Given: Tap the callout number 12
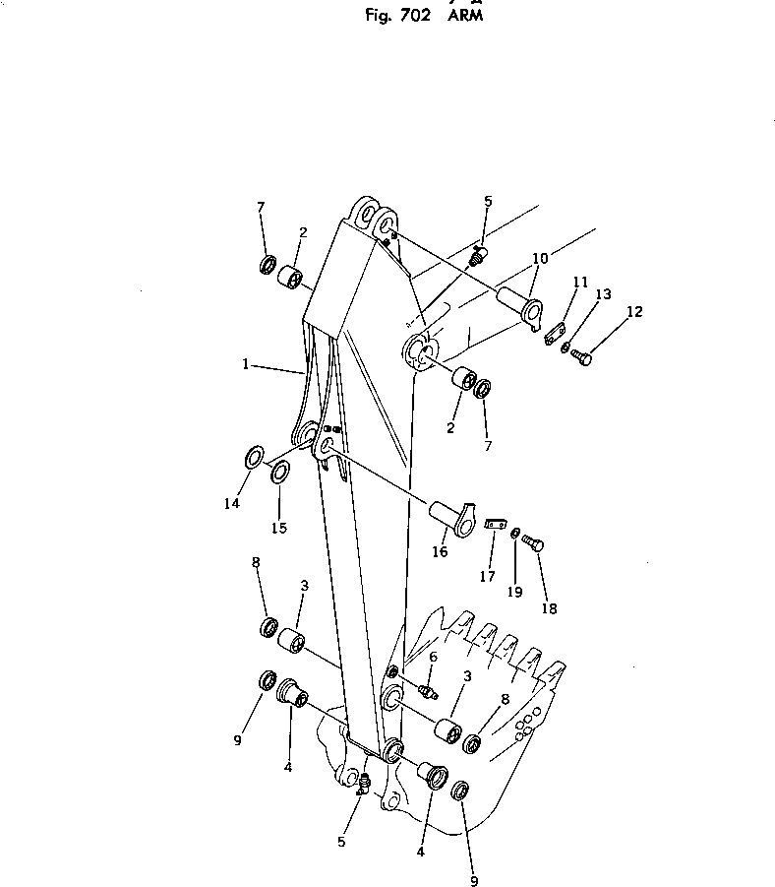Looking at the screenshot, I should tap(634, 312).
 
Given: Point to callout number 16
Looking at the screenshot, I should tap(440, 552).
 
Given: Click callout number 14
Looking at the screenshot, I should tap(231, 503).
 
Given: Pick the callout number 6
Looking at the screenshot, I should tap(433, 657).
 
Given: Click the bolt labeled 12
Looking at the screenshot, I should tap(580, 359).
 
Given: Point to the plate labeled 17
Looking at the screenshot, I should tap(495, 526).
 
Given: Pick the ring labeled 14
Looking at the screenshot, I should tap(253, 458).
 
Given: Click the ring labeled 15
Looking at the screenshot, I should tap(279, 473).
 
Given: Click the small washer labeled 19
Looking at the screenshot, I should tap(513, 533).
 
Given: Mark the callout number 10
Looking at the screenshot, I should tap(540, 259).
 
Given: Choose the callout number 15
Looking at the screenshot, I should tap(279, 528).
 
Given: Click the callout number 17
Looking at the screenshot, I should tap(488, 577).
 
